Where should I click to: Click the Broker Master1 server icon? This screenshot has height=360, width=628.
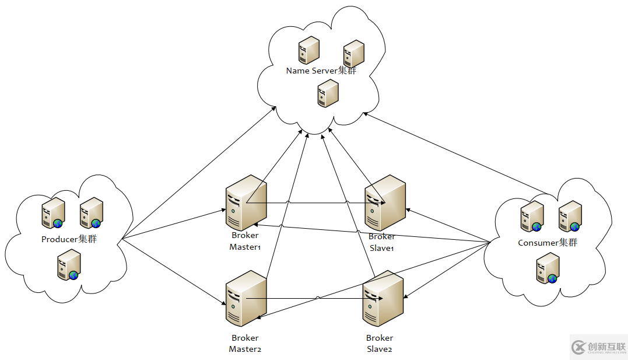245,202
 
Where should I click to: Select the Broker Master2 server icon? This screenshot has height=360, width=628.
245,298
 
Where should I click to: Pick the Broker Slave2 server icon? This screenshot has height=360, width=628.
383,298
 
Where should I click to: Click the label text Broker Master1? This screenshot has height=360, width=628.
245,241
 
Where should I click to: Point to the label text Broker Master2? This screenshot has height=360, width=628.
245,343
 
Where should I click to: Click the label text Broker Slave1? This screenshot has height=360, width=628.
382,242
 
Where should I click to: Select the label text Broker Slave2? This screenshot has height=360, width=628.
380,343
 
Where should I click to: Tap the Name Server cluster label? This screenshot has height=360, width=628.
321,71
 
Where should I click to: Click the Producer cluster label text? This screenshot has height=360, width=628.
69,239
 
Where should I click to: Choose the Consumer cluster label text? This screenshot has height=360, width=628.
548,242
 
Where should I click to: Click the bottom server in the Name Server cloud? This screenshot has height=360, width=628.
328,93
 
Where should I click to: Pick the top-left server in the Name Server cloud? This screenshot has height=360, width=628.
308,50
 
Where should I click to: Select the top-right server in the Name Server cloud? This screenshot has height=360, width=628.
354,54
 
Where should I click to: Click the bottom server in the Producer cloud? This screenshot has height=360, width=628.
68,265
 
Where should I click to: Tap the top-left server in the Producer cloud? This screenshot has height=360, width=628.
53,212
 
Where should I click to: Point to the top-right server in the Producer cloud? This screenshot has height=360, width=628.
91,212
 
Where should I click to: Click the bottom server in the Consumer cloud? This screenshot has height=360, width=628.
547,268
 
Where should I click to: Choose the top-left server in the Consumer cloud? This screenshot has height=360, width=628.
532,216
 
